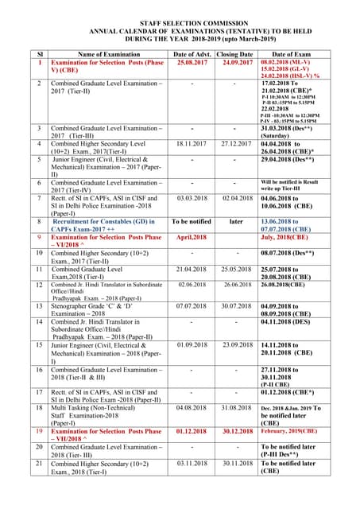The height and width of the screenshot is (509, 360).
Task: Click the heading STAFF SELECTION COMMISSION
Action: point(180,25)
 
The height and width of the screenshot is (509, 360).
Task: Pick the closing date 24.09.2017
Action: point(236,61)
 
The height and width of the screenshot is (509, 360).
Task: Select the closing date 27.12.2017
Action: point(236,144)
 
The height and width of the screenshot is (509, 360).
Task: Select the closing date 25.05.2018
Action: point(236,270)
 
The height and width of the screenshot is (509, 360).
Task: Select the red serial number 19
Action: point(40,430)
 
